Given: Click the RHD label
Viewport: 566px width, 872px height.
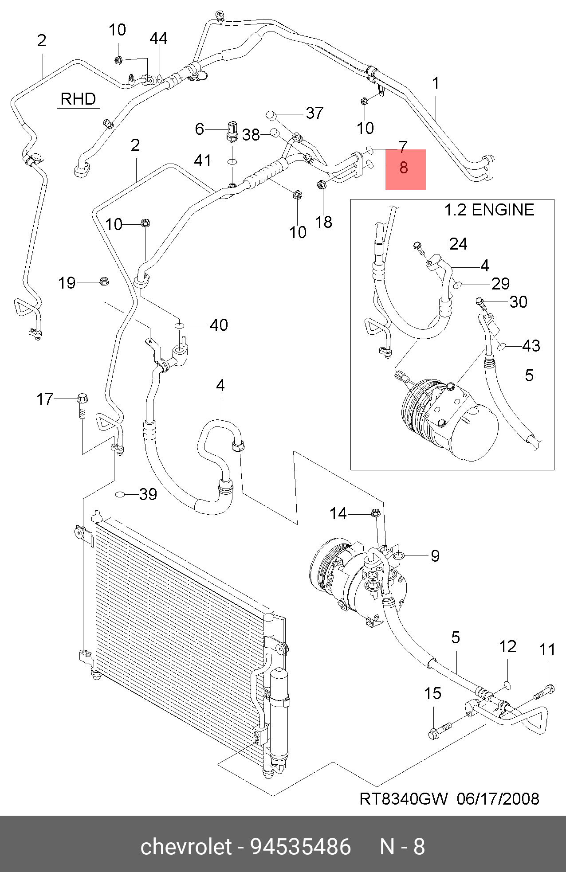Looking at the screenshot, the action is click(78, 98).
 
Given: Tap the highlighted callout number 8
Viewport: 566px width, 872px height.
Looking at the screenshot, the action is click(404, 168).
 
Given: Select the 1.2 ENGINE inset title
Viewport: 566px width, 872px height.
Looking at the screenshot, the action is click(489, 210).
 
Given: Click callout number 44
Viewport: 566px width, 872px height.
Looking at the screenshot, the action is click(158, 39).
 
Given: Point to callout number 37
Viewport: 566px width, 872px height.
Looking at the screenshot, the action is click(315, 113).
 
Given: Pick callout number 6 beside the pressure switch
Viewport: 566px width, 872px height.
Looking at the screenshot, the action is click(200, 129).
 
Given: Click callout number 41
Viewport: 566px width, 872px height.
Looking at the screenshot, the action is click(203, 160).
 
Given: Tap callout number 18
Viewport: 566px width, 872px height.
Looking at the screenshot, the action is click(324, 222).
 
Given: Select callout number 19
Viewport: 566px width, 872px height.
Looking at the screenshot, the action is click(67, 283).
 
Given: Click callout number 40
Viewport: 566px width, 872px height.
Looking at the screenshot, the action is click(219, 325).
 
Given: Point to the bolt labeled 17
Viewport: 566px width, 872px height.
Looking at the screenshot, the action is click(83, 405).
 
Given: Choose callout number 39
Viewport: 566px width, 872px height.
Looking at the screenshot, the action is click(148, 494).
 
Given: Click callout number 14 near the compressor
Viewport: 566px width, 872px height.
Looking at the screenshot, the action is click(338, 513).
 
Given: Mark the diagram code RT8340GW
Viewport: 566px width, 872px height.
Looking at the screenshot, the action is click(404, 799).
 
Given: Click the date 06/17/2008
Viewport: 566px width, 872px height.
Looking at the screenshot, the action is click(498, 799).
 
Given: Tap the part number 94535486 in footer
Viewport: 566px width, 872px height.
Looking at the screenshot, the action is click(301, 846).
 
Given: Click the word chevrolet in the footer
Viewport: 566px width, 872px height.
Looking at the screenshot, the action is click(186, 846).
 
